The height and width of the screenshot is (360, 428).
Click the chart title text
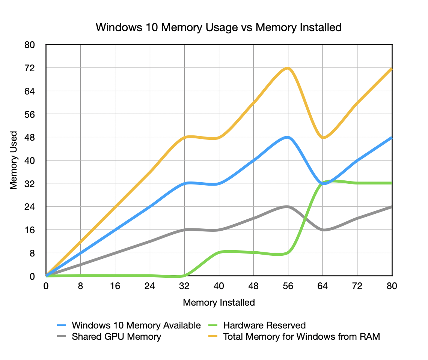pos(219,27)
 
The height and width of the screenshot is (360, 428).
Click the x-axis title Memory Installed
pos(219,302)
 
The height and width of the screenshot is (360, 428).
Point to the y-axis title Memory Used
pos(14,160)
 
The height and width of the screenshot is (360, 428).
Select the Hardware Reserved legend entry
pos(264,325)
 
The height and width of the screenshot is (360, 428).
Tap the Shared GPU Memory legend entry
pos(116,336)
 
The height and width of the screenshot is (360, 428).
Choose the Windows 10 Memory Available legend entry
pos(136,325)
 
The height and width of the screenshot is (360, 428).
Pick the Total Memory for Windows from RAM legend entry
pos(301,336)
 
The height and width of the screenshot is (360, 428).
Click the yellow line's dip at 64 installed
pos(323,138)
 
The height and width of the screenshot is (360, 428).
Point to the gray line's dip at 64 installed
pos(323,230)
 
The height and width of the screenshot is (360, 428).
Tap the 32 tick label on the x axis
pos(184,286)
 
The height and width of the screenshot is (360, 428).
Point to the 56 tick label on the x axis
pos(288,286)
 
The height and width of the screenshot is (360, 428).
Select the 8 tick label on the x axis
pos(80,286)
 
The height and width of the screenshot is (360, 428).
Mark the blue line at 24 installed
pos(150,207)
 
